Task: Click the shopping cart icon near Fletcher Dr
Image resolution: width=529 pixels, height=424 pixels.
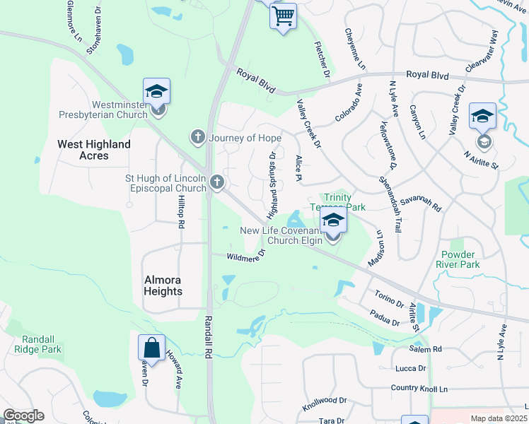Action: coord(283,15)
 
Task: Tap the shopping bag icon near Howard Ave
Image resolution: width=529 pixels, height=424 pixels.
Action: coord(151,348)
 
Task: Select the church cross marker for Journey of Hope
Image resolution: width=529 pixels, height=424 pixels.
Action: coord(199,136)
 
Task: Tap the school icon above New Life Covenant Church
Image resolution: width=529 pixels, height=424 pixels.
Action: coord(333,220)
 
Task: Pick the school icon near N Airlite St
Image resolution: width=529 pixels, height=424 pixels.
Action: coord(483,117)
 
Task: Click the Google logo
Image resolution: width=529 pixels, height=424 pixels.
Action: coord(23,416)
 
